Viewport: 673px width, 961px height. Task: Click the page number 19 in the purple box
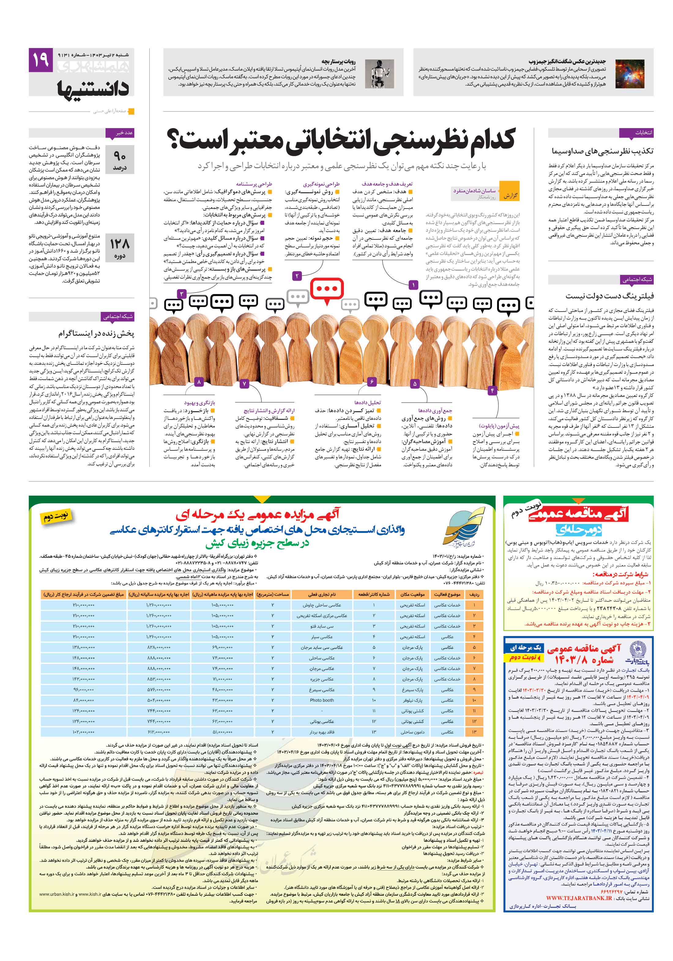pyautogui.click(x=41, y=60)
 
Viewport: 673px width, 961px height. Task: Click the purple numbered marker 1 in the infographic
pyautogui.click(x=413, y=285)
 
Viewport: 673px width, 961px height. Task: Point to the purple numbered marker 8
pyautogui.click(x=199, y=382)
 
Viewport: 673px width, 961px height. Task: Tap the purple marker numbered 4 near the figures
pyautogui.click(x=492, y=390)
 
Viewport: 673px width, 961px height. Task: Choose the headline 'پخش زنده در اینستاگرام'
pyautogui.click(x=96, y=334)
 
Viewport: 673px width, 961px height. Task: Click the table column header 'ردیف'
pyautogui.click(x=474, y=594)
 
